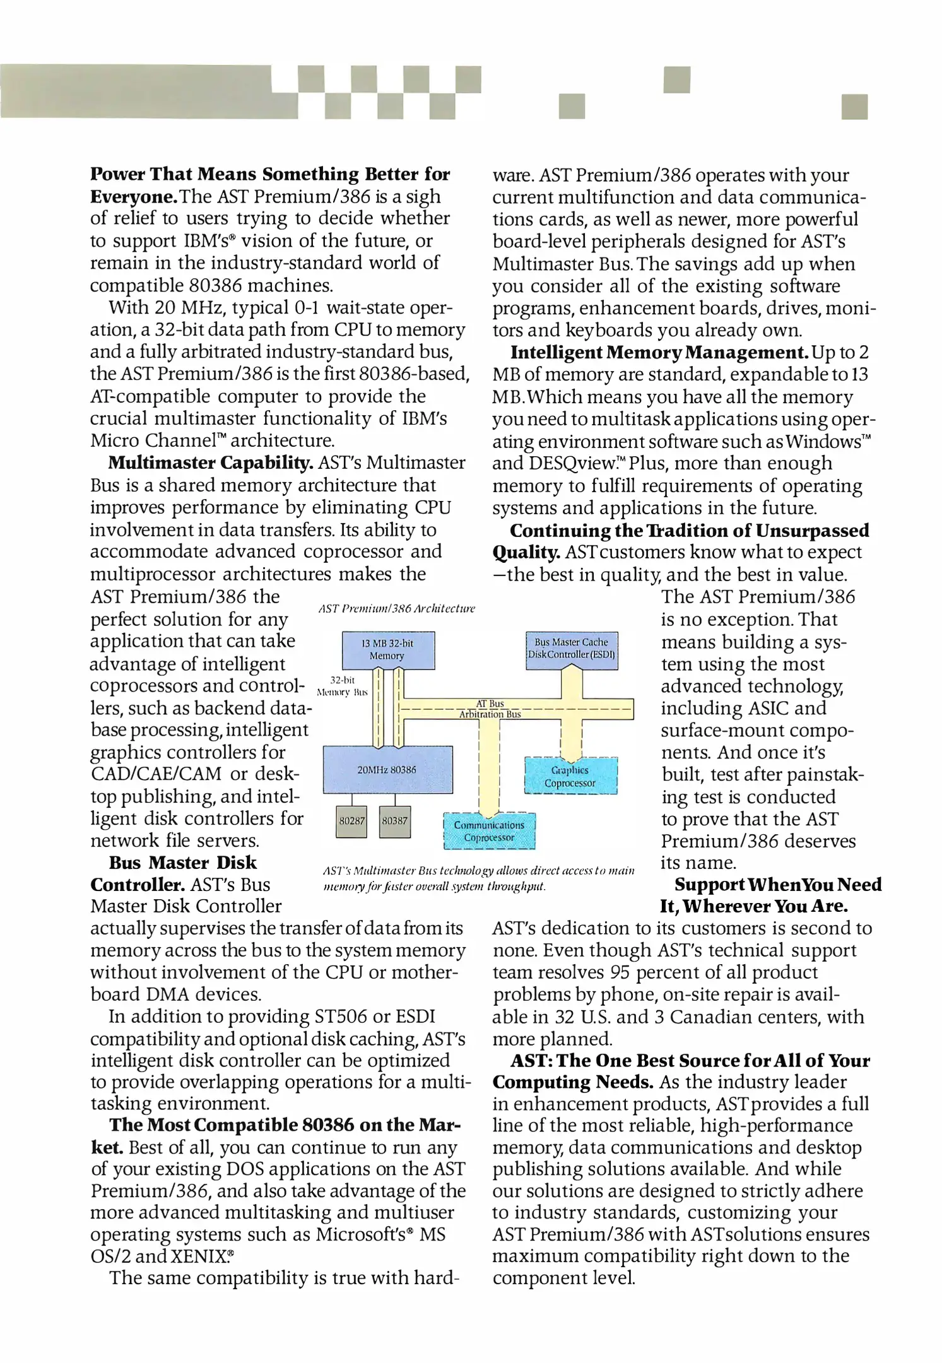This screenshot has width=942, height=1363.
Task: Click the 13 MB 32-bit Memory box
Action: [x=387, y=650]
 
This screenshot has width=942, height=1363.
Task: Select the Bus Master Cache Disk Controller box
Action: [x=572, y=649]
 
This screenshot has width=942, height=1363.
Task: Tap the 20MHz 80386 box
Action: [x=387, y=770]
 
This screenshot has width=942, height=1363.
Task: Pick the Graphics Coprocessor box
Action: [x=570, y=777]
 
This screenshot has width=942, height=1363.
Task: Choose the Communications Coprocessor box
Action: [x=489, y=831]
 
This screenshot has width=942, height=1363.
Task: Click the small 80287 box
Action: [x=351, y=821]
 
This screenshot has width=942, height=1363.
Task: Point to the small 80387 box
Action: [x=395, y=821]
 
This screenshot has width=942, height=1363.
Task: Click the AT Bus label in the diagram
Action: [x=490, y=703]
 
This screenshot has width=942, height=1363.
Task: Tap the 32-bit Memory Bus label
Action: [x=342, y=686]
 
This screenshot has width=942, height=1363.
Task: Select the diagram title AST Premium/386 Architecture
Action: [x=396, y=609]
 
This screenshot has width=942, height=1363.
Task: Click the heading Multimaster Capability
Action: [x=211, y=463]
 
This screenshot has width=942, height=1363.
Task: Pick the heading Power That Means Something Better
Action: [x=269, y=174]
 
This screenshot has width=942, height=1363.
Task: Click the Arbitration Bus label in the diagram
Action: [x=490, y=714]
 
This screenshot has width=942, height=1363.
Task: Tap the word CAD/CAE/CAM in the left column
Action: [x=156, y=774]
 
